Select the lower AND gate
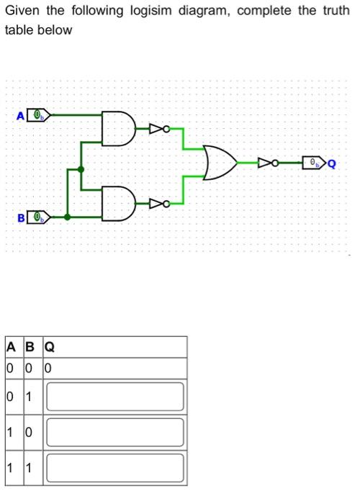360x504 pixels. coord(117,203)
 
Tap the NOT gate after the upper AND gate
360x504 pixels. coord(159,129)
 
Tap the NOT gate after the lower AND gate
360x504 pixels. coord(159,204)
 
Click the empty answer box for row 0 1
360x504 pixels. coord(115,396)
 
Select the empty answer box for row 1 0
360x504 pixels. coord(115,433)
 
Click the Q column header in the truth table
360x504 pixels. coord(50,347)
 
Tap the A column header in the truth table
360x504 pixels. coord(11,347)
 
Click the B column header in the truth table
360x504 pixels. coord(30,347)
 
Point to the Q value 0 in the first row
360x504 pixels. coord(48,369)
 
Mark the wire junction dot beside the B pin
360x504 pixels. coord(67,216)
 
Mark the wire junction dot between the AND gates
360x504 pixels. coord(81,171)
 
